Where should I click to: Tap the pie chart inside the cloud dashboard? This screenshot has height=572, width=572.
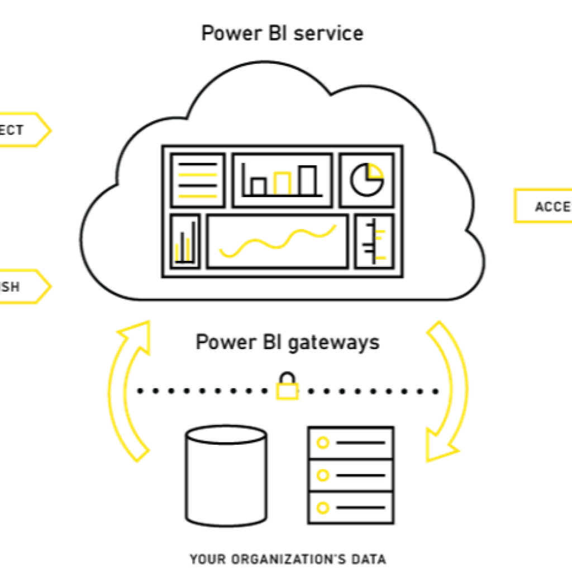(x=367, y=179)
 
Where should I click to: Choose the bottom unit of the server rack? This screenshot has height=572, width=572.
(x=351, y=508)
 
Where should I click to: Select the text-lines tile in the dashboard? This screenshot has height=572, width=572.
(x=197, y=179)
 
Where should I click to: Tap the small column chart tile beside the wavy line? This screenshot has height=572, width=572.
(x=185, y=241)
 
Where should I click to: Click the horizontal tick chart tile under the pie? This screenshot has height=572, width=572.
(x=374, y=241)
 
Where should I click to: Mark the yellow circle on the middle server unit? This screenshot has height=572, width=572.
(x=322, y=475)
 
